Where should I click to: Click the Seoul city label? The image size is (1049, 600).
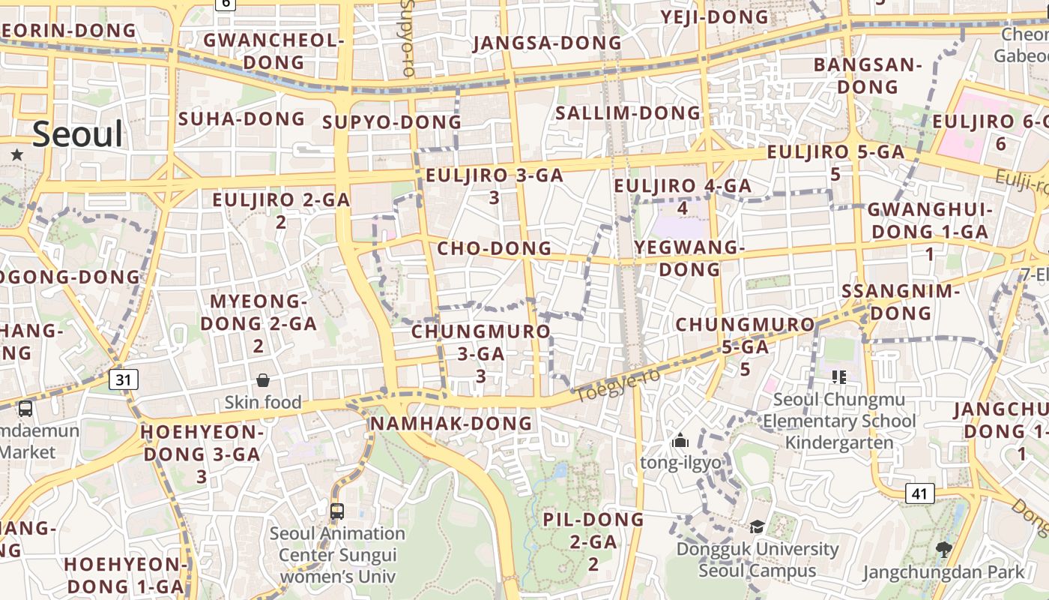click(78, 134)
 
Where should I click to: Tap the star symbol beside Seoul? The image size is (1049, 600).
click(17, 154)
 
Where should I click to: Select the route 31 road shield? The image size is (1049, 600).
click(123, 379)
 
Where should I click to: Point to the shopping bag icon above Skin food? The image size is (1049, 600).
click(263, 380)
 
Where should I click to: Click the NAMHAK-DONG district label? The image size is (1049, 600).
click(451, 424)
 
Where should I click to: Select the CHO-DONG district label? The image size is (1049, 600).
click(494, 248)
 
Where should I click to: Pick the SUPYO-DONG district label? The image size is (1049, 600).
click(392, 122)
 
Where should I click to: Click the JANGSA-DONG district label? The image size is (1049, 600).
click(547, 43)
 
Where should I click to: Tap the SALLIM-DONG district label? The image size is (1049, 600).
click(628, 113)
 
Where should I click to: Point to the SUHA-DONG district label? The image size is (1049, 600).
click(241, 118)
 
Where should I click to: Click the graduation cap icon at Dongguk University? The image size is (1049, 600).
click(757, 526)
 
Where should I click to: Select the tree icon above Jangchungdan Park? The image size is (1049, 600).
click(943, 550)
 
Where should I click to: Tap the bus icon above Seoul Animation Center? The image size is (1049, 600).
click(337, 511)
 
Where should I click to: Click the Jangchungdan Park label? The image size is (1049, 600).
click(943, 572)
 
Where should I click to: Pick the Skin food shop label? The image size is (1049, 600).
click(263, 403)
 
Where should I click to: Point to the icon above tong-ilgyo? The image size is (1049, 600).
click(680, 440)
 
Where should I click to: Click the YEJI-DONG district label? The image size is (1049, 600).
click(714, 16)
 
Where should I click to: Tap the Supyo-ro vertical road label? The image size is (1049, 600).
click(408, 37)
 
